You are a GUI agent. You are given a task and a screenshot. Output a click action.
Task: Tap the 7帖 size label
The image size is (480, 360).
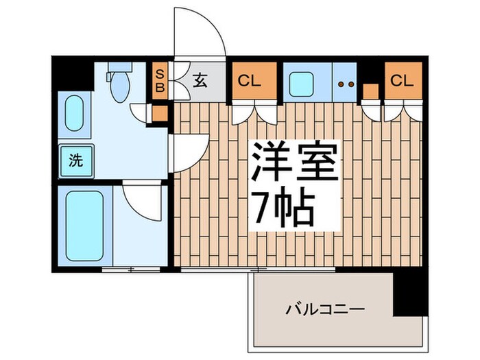click(x=285, y=208)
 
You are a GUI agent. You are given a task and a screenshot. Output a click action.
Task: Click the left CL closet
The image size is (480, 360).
click(x=253, y=80)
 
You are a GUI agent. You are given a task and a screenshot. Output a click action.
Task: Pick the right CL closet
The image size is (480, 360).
click(x=402, y=80)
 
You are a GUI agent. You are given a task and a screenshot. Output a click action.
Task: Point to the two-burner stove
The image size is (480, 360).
click(x=347, y=84)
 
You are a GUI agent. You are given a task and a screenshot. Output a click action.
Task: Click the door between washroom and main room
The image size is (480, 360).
click(x=189, y=152)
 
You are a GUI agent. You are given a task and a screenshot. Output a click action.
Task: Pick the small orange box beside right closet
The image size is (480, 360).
click(x=371, y=91)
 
